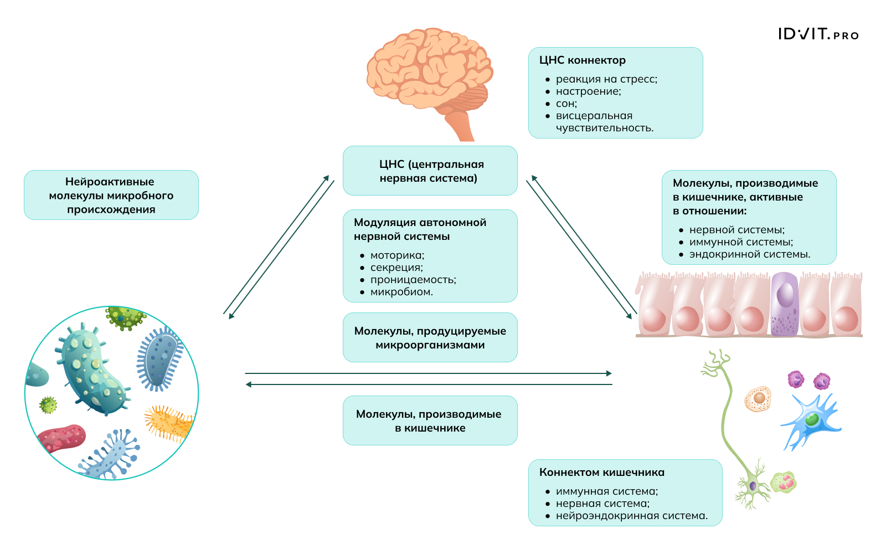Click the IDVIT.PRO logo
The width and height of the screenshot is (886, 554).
tap(818, 34)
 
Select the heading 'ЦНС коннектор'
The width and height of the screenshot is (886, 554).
tap(582, 60)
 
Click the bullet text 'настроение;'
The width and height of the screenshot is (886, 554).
tap(588, 91)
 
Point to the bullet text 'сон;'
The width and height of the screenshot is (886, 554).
tap(566, 104)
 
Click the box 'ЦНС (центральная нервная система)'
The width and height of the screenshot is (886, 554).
tap(430, 171)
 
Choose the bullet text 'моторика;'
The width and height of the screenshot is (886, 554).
tap(397, 255)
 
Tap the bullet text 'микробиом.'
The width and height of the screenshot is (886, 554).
tap(401, 292)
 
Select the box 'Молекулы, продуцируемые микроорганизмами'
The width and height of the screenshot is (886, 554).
tap(430, 337)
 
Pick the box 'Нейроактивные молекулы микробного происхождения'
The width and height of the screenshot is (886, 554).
tap(111, 195)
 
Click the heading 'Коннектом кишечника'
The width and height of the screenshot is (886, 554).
tap(601, 473)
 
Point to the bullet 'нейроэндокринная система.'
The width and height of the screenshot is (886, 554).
tap(631, 516)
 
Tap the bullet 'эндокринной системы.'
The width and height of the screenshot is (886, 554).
tap(749, 254)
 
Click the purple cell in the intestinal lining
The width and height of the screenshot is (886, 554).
tap(785, 305)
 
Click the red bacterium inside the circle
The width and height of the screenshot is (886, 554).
tap(62, 438)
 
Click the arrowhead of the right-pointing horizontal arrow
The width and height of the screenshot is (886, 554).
tap(609, 373)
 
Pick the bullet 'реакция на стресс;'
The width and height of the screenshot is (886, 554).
tap(606, 79)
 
